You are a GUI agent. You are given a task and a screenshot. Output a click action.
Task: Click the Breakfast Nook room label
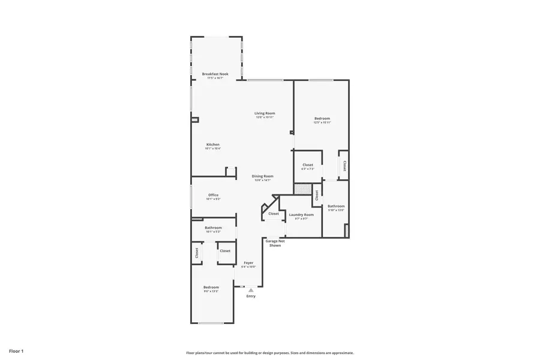pyautogui.click(x=215, y=74)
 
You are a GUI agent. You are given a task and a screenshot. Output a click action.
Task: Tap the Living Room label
pyautogui.click(x=265, y=113)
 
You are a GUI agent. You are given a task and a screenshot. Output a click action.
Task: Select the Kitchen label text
pyautogui.click(x=213, y=145)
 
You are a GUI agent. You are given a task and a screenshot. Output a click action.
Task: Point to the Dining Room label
pyautogui.click(x=262, y=176)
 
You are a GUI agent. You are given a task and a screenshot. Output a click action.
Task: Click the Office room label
pyautogui.click(x=213, y=195)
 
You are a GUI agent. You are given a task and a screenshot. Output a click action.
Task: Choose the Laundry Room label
pyautogui.click(x=301, y=214)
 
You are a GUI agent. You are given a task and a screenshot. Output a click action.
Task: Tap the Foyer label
pyautogui.click(x=248, y=263)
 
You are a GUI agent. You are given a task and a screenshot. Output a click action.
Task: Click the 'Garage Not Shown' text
pyautogui.click(x=275, y=243)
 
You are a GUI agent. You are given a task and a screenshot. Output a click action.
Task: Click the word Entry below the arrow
pyautogui.click(x=251, y=296)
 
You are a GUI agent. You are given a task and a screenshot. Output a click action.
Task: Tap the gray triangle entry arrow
pyautogui.click(x=251, y=290)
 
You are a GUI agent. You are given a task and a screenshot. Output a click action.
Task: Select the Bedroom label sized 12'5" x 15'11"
pyautogui.click(x=322, y=118)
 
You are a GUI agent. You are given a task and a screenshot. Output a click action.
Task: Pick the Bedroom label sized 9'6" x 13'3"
pyautogui.click(x=211, y=287)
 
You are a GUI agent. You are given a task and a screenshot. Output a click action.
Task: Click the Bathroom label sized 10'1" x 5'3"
pyautogui.click(x=213, y=227)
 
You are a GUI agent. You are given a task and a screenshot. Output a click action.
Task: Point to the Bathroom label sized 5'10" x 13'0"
pyautogui.click(x=336, y=206)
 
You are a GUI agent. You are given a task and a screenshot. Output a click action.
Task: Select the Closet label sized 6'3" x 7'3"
pyautogui.click(x=308, y=165)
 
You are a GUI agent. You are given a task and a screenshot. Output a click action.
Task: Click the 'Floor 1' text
pyautogui.click(x=16, y=350)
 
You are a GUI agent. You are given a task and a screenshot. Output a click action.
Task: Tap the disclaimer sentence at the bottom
pyautogui.click(x=270, y=353)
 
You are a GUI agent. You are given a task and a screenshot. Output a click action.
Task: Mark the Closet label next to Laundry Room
pyautogui.click(x=274, y=214)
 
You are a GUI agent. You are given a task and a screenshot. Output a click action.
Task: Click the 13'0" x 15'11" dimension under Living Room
pyautogui.click(x=265, y=117)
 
